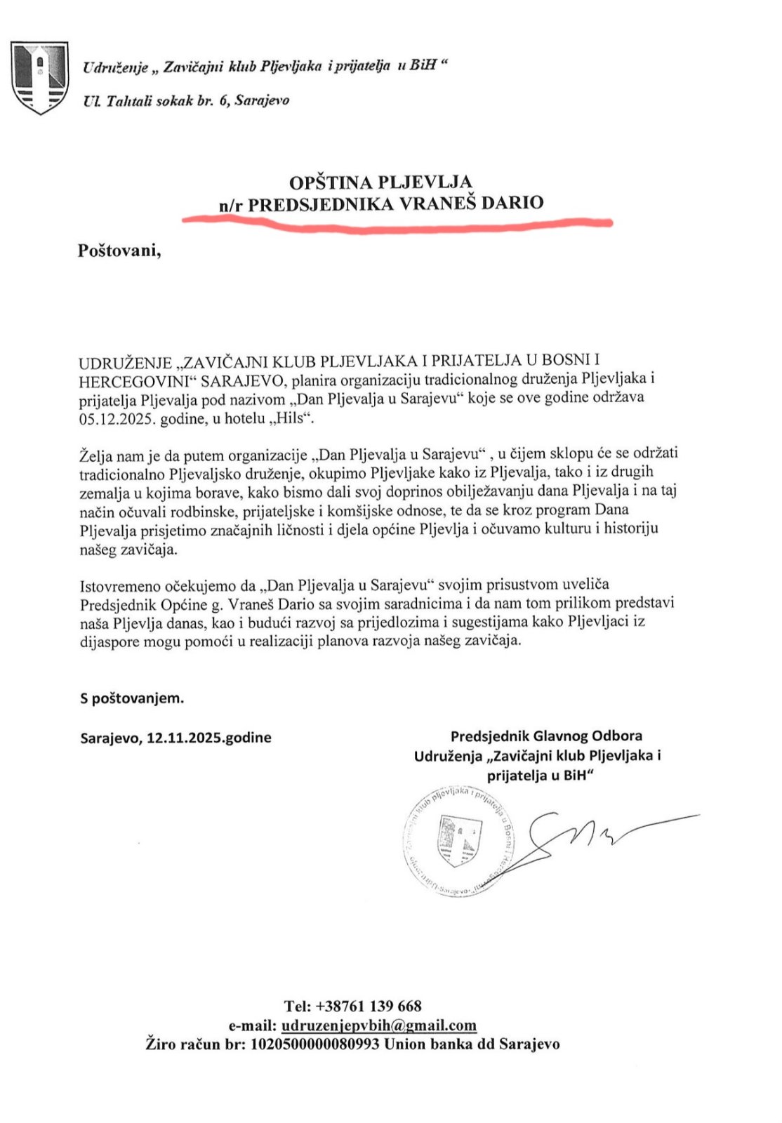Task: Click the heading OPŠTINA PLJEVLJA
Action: pos(380,182)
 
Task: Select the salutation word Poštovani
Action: pos(119,251)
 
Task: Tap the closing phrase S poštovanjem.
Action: pos(132,698)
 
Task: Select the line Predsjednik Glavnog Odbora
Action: pos(546,736)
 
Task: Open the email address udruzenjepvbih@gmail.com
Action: pos(379,1025)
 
